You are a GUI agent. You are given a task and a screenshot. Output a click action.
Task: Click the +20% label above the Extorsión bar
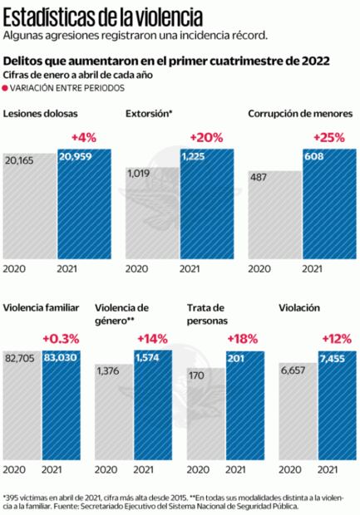coord(206,136)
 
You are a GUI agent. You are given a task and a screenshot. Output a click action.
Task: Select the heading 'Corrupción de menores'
coord(300,113)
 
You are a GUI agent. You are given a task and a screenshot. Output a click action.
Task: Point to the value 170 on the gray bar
coord(198,375)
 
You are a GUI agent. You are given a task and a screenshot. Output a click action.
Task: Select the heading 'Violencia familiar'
coord(41,307)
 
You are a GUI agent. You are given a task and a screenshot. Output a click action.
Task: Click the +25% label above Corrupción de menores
coord(328,136)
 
